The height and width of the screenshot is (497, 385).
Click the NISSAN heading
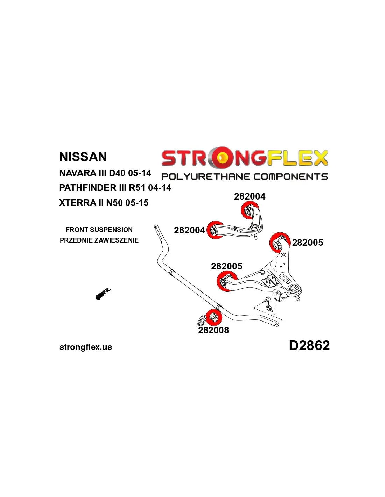tap(83, 157)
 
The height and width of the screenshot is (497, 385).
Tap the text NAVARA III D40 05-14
tap(105, 173)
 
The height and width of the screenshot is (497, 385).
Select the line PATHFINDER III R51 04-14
tap(115, 188)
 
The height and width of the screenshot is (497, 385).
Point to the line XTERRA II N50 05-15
tap(104, 203)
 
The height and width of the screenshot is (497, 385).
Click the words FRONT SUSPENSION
tap(99, 230)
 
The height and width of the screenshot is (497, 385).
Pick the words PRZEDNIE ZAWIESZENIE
tap(99, 240)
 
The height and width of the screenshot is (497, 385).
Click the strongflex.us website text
tap(86, 347)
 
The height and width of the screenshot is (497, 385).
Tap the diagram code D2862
tap(309, 346)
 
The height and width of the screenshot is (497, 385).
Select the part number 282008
tap(213, 330)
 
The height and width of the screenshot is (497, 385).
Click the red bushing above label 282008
tap(213, 317)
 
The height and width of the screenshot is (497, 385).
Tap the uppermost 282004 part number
tap(250, 196)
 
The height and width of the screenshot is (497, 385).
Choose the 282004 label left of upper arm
tap(189, 230)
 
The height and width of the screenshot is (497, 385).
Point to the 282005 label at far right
tap(308, 243)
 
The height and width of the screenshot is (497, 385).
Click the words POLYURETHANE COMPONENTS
tap(245, 177)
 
